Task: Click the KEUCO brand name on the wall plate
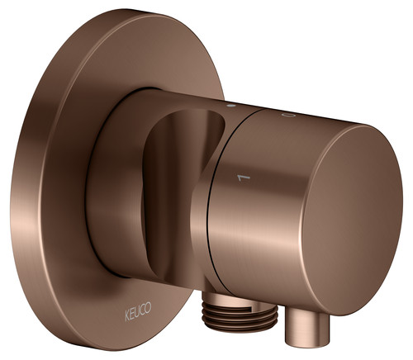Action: [x=138, y=311]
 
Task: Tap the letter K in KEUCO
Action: [x=127, y=315]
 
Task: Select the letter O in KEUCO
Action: [x=148, y=307]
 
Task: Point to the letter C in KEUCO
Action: [x=142, y=310]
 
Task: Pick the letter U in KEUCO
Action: [x=137, y=312]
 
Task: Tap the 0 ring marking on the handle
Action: [x=289, y=116]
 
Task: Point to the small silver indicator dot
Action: [x=231, y=106]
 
